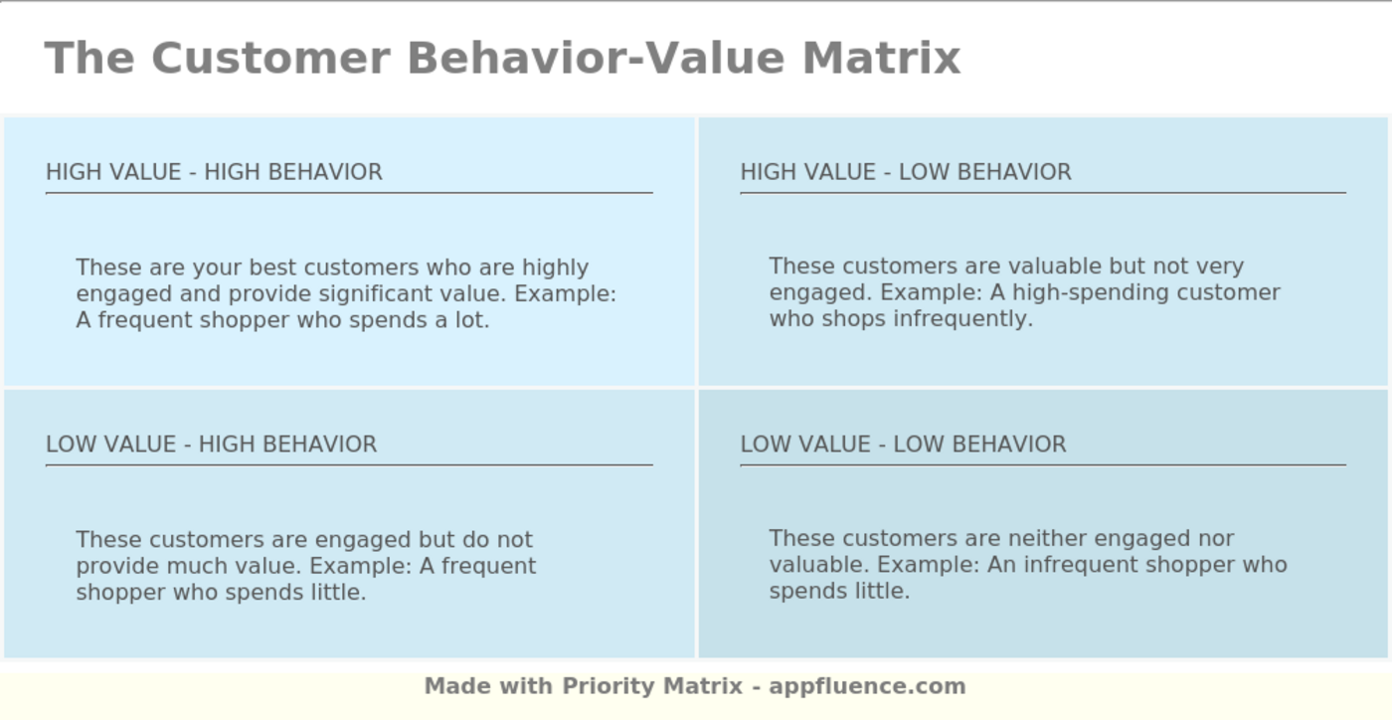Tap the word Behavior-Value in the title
click(x=597, y=58)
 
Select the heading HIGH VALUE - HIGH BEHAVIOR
click(x=214, y=172)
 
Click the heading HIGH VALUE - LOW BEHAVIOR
click(x=906, y=172)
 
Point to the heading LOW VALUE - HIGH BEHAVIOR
click(x=211, y=445)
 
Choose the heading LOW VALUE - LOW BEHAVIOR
click(x=903, y=445)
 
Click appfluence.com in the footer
click(x=867, y=686)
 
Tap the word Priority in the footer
click(x=609, y=686)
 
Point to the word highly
click(x=555, y=269)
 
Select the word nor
click(x=1216, y=539)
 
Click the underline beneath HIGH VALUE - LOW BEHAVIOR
click(x=1042, y=193)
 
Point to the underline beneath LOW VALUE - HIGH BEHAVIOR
click(x=349, y=464)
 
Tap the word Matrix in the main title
click(x=881, y=58)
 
